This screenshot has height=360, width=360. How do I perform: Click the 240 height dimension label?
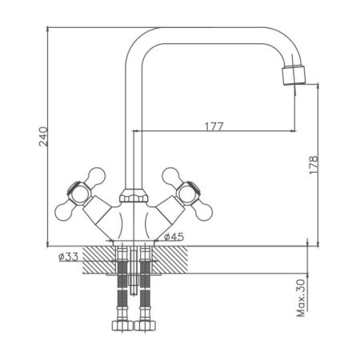click(44, 136)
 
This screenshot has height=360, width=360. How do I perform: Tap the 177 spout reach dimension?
click(214, 126)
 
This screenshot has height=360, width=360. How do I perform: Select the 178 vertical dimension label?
click(314, 165)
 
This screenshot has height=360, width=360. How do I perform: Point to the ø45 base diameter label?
click(174, 237)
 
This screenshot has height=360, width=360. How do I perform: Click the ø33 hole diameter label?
click(68, 257)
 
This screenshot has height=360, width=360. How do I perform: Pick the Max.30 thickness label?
click(301, 298)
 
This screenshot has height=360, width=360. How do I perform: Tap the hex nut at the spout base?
click(134, 195)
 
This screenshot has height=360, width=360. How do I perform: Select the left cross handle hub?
click(79, 194)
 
